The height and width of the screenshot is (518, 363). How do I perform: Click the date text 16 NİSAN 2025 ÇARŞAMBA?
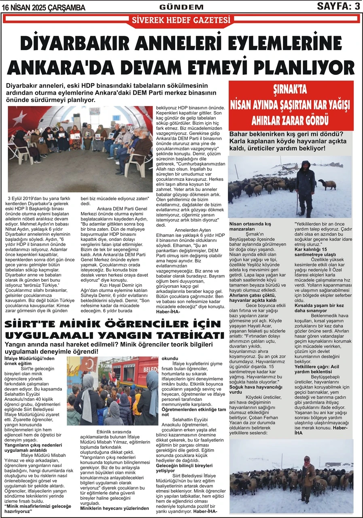click(44, 8)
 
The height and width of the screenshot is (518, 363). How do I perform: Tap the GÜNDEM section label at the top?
click(181, 7)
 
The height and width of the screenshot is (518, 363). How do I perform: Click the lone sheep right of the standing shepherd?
click(327, 184)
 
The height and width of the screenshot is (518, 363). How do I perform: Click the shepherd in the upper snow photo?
click(305, 188)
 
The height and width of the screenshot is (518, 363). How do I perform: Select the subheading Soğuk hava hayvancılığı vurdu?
click(253, 389)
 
